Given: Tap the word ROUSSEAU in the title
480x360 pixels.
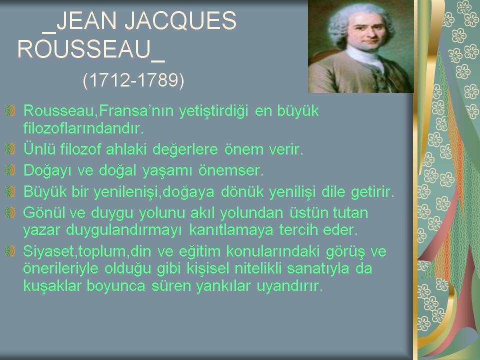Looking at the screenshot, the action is pyautogui.click(x=84, y=49).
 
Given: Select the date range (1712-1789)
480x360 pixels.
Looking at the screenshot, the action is pyautogui.click(x=133, y=80).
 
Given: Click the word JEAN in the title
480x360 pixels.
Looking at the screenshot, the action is pyautogui.click(x=86, y=21).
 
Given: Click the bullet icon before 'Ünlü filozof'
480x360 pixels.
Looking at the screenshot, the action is pyautogui.click(x=10, y=149).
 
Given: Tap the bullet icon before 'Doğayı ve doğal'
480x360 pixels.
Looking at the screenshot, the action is pyautogui.click(x=10, y=170).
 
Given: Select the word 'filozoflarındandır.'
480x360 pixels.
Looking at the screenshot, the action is pyautogui.click(x=83, y=128).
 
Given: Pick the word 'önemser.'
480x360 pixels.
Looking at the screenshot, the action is pyautogui.click(x=231, y=170).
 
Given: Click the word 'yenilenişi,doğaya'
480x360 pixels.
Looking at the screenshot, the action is pyautogui.click(x=154, y=192).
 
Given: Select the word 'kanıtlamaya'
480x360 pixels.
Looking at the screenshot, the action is pyautogui.click(x=231, y=229).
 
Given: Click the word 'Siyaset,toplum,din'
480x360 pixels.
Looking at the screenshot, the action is pyautogui.click(x=87, y=251).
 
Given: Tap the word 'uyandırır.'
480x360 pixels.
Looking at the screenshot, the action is pyautogui.click(x=289, y=286).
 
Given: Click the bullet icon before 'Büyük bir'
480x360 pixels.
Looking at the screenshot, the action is pyautogui.click(x=10, y=191).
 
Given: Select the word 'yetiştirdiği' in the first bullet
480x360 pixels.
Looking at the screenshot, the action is pyautogui.click(x=213, y=111).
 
